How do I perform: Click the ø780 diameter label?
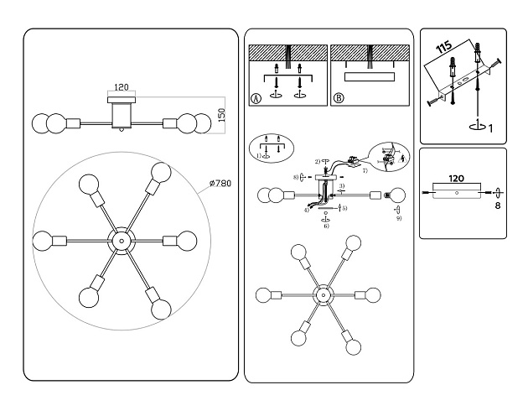[x=220, y=184]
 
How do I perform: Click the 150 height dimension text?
[x=222, y=113]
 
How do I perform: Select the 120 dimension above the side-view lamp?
[x=122, y=87]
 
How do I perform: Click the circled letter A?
[x=256, y=97]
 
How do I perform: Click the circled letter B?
[x=339, y=97]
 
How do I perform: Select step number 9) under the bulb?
[x=400, y=218]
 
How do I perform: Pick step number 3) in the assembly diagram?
[x=342, y=185]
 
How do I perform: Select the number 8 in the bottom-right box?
[x=498, y=204]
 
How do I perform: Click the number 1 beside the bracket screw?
[x=490, y=127]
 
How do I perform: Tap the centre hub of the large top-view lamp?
[x=121, y=240]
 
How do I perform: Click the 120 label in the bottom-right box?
[x=456, y=178]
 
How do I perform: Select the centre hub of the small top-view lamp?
[x=320, y=295]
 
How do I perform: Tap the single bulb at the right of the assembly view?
[x=396, y=195]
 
